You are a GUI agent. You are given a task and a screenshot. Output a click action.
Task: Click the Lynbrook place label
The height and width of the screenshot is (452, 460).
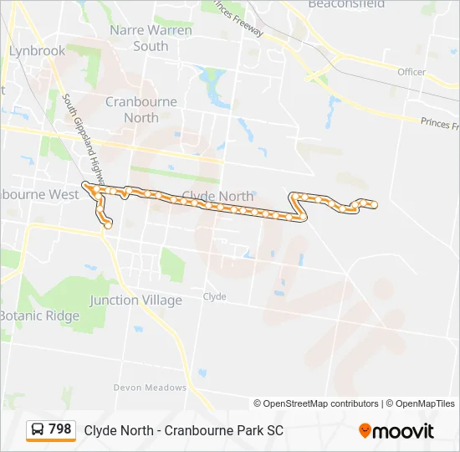pos(37,51)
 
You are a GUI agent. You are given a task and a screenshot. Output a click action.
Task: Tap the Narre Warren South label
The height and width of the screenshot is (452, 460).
pos(151,38)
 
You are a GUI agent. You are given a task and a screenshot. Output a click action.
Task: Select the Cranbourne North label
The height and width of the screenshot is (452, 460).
pos(141,110)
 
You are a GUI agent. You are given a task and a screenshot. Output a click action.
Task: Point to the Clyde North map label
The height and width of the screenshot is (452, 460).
pos(217,196)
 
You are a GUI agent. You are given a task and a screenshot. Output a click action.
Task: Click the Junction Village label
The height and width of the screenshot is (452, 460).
pos(135,300)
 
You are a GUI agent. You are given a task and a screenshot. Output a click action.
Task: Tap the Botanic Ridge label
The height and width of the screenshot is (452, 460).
pos(39,316)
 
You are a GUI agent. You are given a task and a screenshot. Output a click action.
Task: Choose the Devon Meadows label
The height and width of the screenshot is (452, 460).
pos(151,388)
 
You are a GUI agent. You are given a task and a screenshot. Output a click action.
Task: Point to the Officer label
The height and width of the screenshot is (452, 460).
pos(411,72)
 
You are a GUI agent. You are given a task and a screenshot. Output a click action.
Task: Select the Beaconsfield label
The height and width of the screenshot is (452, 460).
pos(346,4)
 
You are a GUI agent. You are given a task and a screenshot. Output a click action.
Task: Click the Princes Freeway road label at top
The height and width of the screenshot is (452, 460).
pos(238,18)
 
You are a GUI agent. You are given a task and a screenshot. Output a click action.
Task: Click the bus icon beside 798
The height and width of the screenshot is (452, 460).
pos(38,430)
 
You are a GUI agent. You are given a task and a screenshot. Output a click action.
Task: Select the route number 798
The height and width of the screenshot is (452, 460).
pos(60,429)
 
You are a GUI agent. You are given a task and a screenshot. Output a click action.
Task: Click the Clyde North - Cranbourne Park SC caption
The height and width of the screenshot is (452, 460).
pos(183,430)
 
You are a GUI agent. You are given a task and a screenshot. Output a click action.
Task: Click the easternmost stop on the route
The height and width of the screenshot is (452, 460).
pos(374,204)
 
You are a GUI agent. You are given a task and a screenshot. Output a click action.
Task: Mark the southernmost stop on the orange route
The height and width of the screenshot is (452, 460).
pos(108,225)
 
